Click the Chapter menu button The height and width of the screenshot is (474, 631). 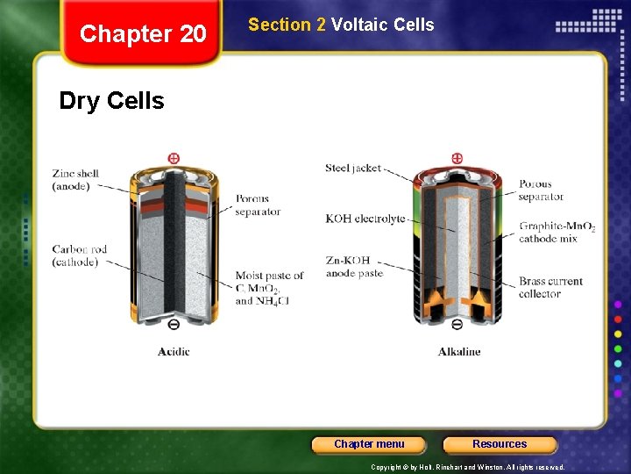pyautogui.click(x=369, y=444)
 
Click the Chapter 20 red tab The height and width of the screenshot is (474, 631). pyautogui.click(x=143, y=34)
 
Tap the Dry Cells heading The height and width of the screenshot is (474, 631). pyautogui.click(x=111, y=101)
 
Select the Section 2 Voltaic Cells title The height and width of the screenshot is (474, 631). pyautogui.click(x=341, y=25)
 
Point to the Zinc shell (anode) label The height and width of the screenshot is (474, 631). pyautogui.click(x=75, y=180)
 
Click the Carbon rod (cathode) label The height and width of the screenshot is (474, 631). pyautogui.click(x=79, y=255)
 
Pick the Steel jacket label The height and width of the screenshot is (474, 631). pyautogui.click(x=353, y=168)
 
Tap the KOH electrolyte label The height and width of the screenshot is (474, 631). pyautogui.click(x=365, y=219)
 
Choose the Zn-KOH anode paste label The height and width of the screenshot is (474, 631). pyautogui.click(x=354, y=267)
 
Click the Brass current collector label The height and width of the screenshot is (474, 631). pyautogui.click(x=550, y=287)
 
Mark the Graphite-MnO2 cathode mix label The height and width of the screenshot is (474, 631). pyautogui.click(x=557, y=233)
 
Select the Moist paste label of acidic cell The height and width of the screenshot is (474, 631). pyautogui.click(x=269, y=288)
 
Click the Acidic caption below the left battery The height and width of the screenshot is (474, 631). pyautogui.click(x=174, y=352)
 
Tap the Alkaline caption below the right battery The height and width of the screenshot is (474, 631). pyautogui.click(x=459, y=352)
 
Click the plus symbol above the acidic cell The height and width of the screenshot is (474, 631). pyautogui.click(x=174, y=158)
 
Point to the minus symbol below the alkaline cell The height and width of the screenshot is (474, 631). pyautogui.click(x=457, y=325)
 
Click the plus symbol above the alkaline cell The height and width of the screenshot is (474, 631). pyautogui.click(x=457, y=158)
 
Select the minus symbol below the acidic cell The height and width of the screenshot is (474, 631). pyautogui.click(x=174, y=325)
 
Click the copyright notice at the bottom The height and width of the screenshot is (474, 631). pyautogui.click(x=467, y=467)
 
